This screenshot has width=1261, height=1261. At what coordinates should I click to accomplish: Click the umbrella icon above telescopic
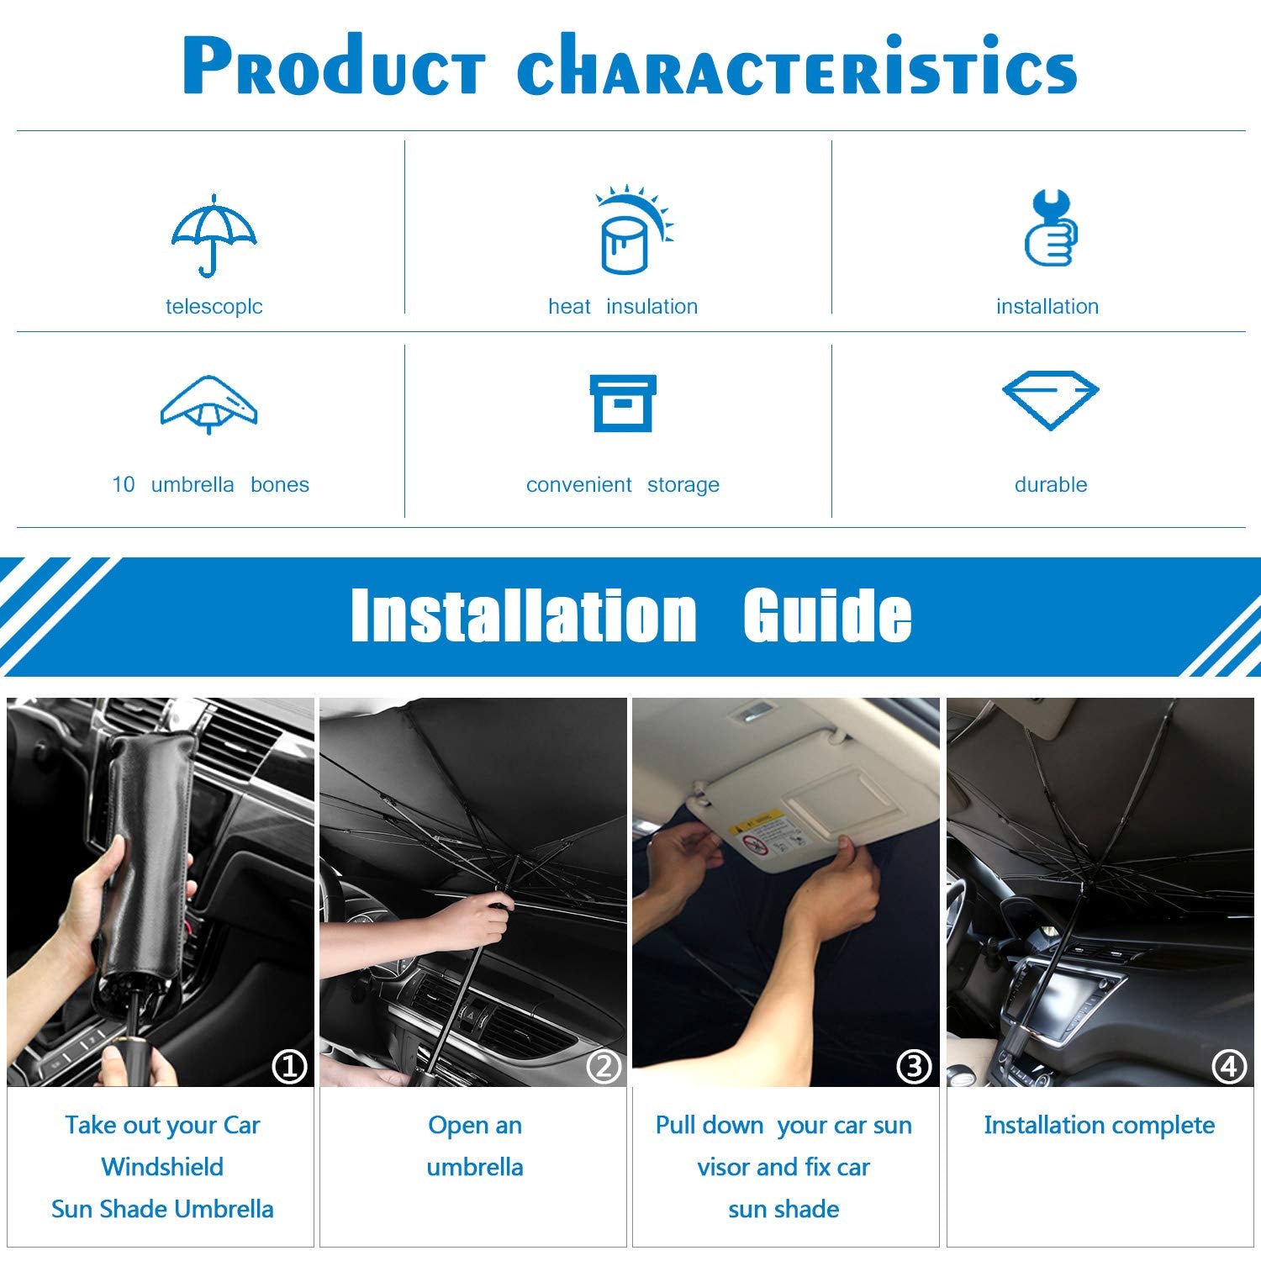(x=214, y=235)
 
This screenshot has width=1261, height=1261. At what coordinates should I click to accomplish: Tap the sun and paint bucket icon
(x=632, y=231)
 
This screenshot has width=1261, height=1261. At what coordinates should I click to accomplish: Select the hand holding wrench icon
(x=1051, y=229)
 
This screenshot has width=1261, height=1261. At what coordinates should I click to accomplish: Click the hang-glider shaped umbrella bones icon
(x=208, y=404)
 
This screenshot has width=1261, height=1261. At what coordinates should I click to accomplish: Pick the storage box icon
(x=623, y=404)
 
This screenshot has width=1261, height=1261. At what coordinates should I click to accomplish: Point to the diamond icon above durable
(x=1050, y=399)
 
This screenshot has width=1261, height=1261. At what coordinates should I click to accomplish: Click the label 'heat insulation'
(x=623, y=306)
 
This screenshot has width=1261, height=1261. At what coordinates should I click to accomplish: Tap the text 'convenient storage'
(x=623, y=484)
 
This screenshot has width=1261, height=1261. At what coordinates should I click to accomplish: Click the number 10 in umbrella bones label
(x=123, y=484)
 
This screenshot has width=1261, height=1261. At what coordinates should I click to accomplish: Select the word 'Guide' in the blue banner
(x=827, y=615)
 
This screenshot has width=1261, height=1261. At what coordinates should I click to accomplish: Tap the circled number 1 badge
(x=290, y=1067)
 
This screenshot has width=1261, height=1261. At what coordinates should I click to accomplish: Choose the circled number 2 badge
(x=604, y=1067)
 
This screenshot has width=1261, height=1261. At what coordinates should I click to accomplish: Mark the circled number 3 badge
(x=914, y=1067)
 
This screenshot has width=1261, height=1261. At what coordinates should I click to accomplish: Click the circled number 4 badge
(x=1228, y=1067)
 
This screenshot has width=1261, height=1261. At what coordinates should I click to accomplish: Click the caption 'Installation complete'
(x=1099, y=1125)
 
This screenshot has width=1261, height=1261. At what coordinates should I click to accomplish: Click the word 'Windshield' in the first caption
(x=162, y=1167)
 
